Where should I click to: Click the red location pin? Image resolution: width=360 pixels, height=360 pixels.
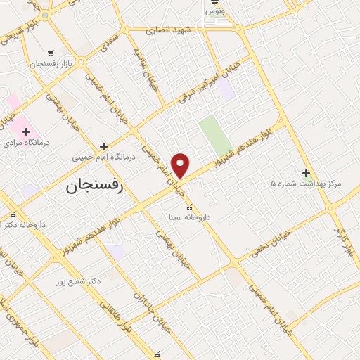pos(181,165)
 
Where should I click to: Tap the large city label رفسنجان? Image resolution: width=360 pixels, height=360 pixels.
pos(94,186)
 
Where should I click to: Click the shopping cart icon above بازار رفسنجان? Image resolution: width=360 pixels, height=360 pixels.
pos(51,53)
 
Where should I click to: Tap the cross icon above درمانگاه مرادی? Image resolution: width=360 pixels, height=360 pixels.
pos(26,131)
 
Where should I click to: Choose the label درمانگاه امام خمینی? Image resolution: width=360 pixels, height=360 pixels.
pos(104,157)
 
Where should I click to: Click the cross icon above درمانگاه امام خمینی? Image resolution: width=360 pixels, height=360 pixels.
pos(103,146)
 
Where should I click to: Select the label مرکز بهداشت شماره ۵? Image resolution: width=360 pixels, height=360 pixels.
pos(306,184)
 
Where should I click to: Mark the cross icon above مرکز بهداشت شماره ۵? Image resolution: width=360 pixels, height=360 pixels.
pos(306,172)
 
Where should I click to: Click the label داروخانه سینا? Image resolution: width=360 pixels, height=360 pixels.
pos(188,218)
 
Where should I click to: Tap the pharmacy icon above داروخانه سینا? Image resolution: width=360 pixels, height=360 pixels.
pos(188,207)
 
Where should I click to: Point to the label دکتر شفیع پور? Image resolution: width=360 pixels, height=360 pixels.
pos(79,281)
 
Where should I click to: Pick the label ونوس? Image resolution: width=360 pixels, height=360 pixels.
pos(214,11)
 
